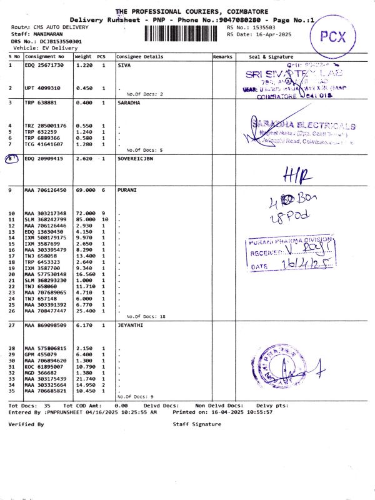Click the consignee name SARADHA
tap(129, 102)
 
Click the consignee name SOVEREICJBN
tap(135, 159)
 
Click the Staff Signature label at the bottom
tap(197, 424)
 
